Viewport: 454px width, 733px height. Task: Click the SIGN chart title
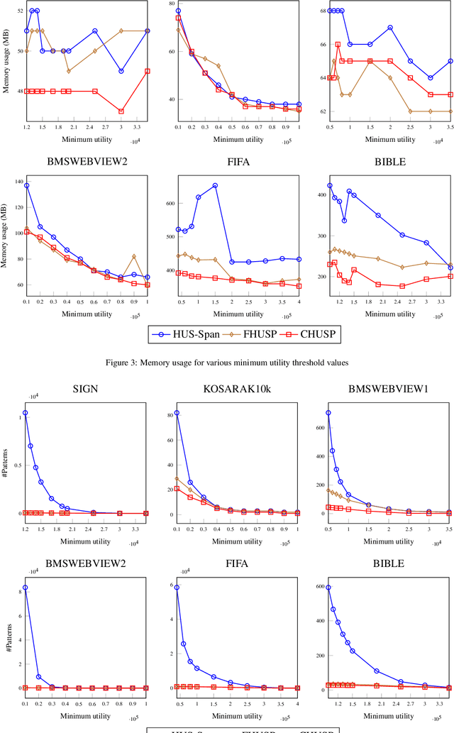point(85,388)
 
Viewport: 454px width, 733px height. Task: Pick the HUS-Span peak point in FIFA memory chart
point(215,185)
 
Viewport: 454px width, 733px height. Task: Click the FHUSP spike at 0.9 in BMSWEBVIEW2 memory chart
point(133,256)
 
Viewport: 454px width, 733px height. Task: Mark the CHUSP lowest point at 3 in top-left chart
point(121,111)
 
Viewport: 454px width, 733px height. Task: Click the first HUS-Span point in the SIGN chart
point(26,412)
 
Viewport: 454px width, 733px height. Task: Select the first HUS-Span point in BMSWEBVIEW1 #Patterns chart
point(328,412)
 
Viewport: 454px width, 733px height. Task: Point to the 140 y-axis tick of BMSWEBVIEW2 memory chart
point(15,182)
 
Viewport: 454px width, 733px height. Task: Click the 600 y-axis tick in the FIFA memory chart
point(167,203)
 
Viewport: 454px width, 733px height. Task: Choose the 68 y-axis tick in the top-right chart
point(321,11)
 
